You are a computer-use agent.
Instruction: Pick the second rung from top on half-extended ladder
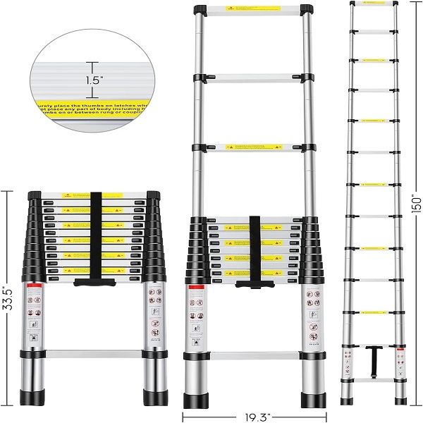[x=253, y=77]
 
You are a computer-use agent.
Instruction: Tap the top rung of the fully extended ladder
[x=374, y=4]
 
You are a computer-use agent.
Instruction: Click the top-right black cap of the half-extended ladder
[x=307, y=9]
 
